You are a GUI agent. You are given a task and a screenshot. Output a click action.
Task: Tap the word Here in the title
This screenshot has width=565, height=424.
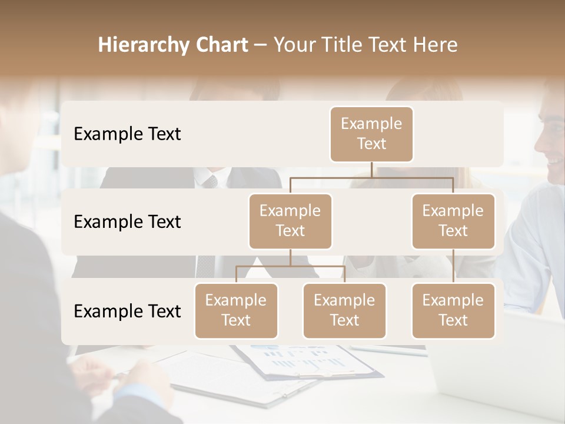[x=436, y=45]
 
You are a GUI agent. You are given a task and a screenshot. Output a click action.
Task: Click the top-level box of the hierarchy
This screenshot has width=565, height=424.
[x=371, y=134]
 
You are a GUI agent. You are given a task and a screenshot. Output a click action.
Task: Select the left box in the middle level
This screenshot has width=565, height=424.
[x=290, y=221]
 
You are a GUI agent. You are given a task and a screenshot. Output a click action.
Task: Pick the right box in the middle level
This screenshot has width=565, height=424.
[x=453, y=221]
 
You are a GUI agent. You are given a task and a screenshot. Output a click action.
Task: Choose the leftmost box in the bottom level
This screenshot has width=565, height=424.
[x=236, y=310]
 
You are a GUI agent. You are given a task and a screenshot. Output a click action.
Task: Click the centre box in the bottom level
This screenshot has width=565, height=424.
[x=344, y=310]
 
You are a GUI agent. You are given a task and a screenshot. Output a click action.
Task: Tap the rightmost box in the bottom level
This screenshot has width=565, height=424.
[x=453, y=310]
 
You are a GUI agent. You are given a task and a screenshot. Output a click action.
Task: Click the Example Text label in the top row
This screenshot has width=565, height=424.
[x=127, y=134]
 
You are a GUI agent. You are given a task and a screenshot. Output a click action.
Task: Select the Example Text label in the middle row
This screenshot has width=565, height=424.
[x=127, y=222]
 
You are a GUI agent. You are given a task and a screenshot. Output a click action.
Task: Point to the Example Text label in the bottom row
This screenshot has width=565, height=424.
[x=127, y=312]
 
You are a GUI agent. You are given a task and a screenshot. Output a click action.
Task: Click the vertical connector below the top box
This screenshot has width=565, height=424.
[x=371, y=170]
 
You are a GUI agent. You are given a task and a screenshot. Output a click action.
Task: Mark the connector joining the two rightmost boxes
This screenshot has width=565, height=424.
[x=453, y=266]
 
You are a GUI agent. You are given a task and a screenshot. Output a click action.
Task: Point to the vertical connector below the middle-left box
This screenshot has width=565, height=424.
[x=290, y=258]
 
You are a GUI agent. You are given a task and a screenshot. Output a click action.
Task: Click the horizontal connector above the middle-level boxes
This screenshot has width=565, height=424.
[x=371, y=177]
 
